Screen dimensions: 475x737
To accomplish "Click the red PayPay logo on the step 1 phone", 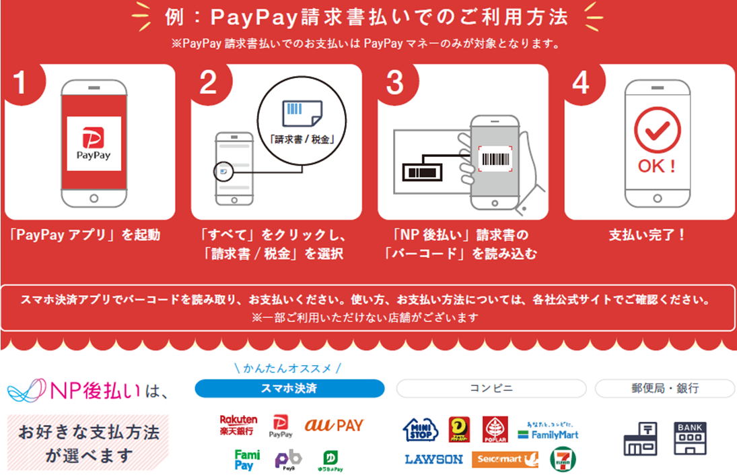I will (x=94, y=143).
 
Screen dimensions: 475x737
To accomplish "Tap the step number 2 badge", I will (x=209, y=83).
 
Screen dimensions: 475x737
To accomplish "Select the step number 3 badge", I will (x=395, y=83).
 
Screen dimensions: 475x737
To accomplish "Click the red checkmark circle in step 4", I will (x=658, y=131).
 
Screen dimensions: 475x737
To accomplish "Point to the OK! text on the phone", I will (x=657, y=166).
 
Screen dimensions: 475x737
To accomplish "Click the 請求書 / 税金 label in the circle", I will (x=302, y=140).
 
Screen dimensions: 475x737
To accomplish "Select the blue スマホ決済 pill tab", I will (x=289, y=389).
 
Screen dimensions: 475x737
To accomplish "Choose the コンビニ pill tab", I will (x=491, y=389).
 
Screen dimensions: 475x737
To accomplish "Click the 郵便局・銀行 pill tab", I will (x=664, y=389).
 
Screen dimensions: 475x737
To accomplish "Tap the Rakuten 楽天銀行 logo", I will (x=238, y=424).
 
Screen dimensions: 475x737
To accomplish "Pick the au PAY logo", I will (x=334, y=425).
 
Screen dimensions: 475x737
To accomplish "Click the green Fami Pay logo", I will (x=247, y=460).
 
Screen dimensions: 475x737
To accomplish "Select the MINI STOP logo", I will (x=421, y=429).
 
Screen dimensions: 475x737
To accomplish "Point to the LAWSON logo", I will (x=433, y=460).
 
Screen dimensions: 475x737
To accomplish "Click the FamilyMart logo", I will (x=548, y=431).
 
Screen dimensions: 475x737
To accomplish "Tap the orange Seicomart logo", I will (x=505, y=460).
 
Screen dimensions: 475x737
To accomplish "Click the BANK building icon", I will (x=691, y=438).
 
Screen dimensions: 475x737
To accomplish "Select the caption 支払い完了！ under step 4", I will (x=647, y=236).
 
